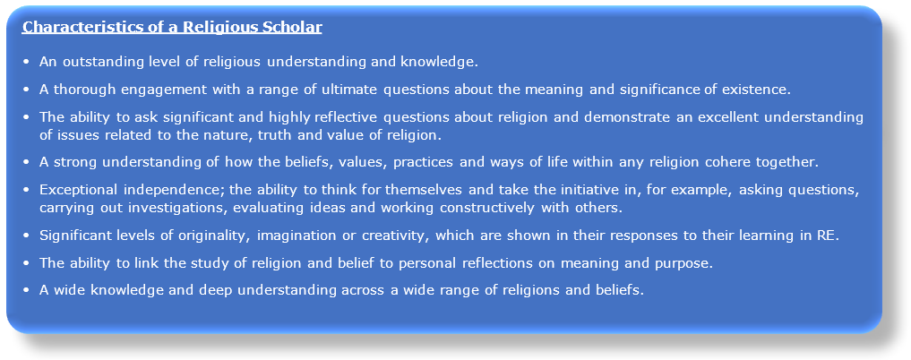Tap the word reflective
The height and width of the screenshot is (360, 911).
349,117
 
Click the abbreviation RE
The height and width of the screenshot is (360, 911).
829,236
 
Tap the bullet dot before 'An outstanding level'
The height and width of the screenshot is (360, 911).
26,63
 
